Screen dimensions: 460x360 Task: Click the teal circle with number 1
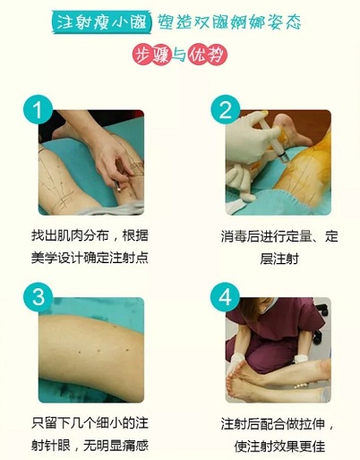37,110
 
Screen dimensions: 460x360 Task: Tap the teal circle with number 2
225,110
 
